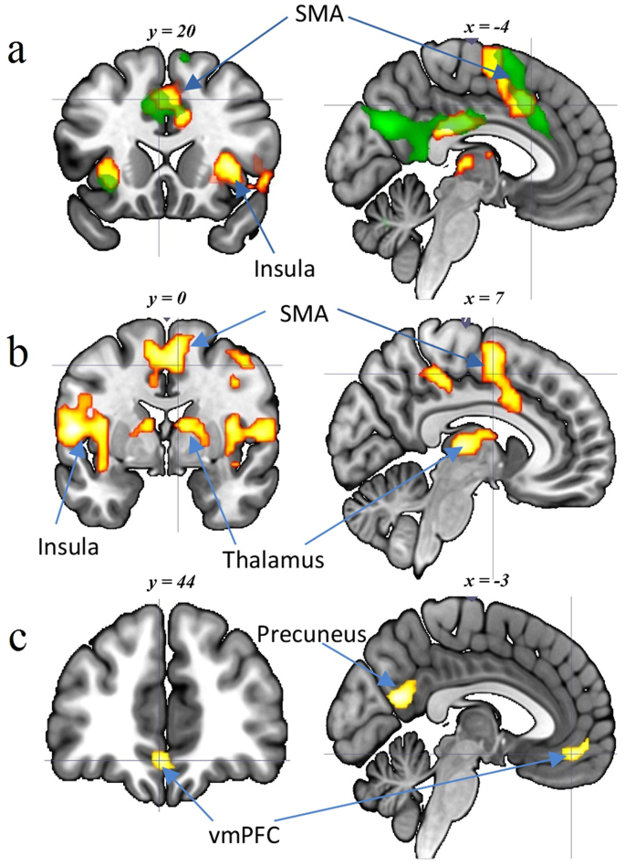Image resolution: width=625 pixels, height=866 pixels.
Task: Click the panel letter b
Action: pos(16,352)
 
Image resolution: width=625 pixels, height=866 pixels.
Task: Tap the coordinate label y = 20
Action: pos(169,32)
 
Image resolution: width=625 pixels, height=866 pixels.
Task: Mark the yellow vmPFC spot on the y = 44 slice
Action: pos(161,759)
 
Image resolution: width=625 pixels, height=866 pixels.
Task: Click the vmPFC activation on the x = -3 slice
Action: pos(576,752)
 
